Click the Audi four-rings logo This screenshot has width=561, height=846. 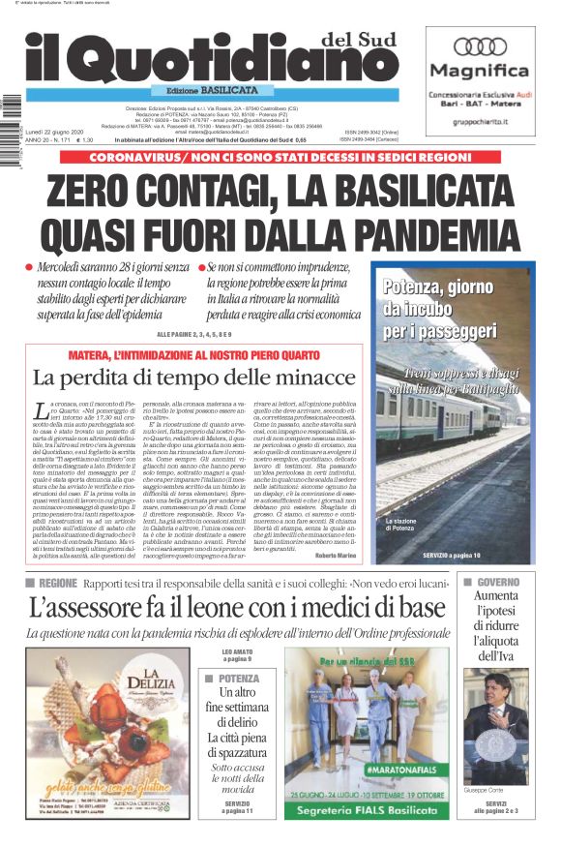coord(480,46)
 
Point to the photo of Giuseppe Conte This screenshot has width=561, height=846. coord(496,726)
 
